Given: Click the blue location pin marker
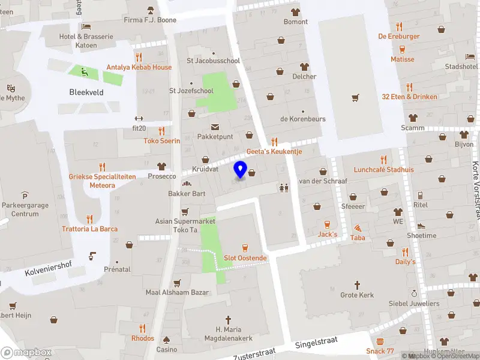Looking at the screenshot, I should (x=240, y=169).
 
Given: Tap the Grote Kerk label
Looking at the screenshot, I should (x=357, y=295).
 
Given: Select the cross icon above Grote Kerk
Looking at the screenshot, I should (x=357, y=284).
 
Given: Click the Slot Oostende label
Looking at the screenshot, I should (x=245, y=258).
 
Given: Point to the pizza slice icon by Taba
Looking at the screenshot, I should (x=358, y=228).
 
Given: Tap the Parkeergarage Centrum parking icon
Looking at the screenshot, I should (x=25, y=196).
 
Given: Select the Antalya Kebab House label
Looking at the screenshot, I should (x=139, y=67).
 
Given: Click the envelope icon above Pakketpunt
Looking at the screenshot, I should (x=215, y=127).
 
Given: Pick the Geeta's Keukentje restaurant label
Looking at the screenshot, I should (x=274, y=152).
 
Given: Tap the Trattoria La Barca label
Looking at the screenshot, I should (x=89, y=229).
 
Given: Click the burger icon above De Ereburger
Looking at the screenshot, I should (x=399, y=26).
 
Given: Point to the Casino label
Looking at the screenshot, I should (x=167, y=349).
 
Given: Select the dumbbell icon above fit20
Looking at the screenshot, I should (x=139, y=118).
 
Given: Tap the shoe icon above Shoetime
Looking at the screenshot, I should (x=421, y=226).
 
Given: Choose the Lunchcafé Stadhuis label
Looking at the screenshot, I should (x=383, y=169).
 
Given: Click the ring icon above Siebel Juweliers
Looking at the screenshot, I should (x=414, y=293).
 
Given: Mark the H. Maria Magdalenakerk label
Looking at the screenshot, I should (x=227, y=334).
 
